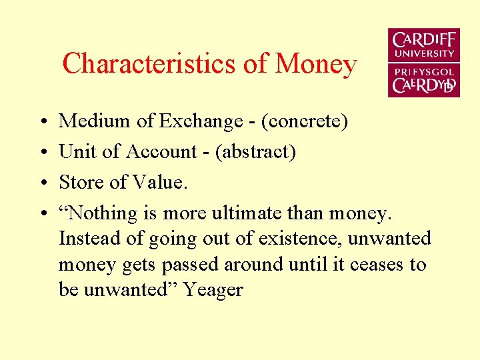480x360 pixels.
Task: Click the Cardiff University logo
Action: [x=423, y=63]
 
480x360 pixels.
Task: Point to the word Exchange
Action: [x=201, y=122]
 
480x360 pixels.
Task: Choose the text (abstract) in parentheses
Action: [x=256, y=152]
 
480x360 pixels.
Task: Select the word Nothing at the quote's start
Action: [x=99, y=213]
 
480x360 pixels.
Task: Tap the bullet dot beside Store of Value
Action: [x=42, y=183]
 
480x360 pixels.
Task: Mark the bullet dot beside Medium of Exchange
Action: [x=42, y=122]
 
